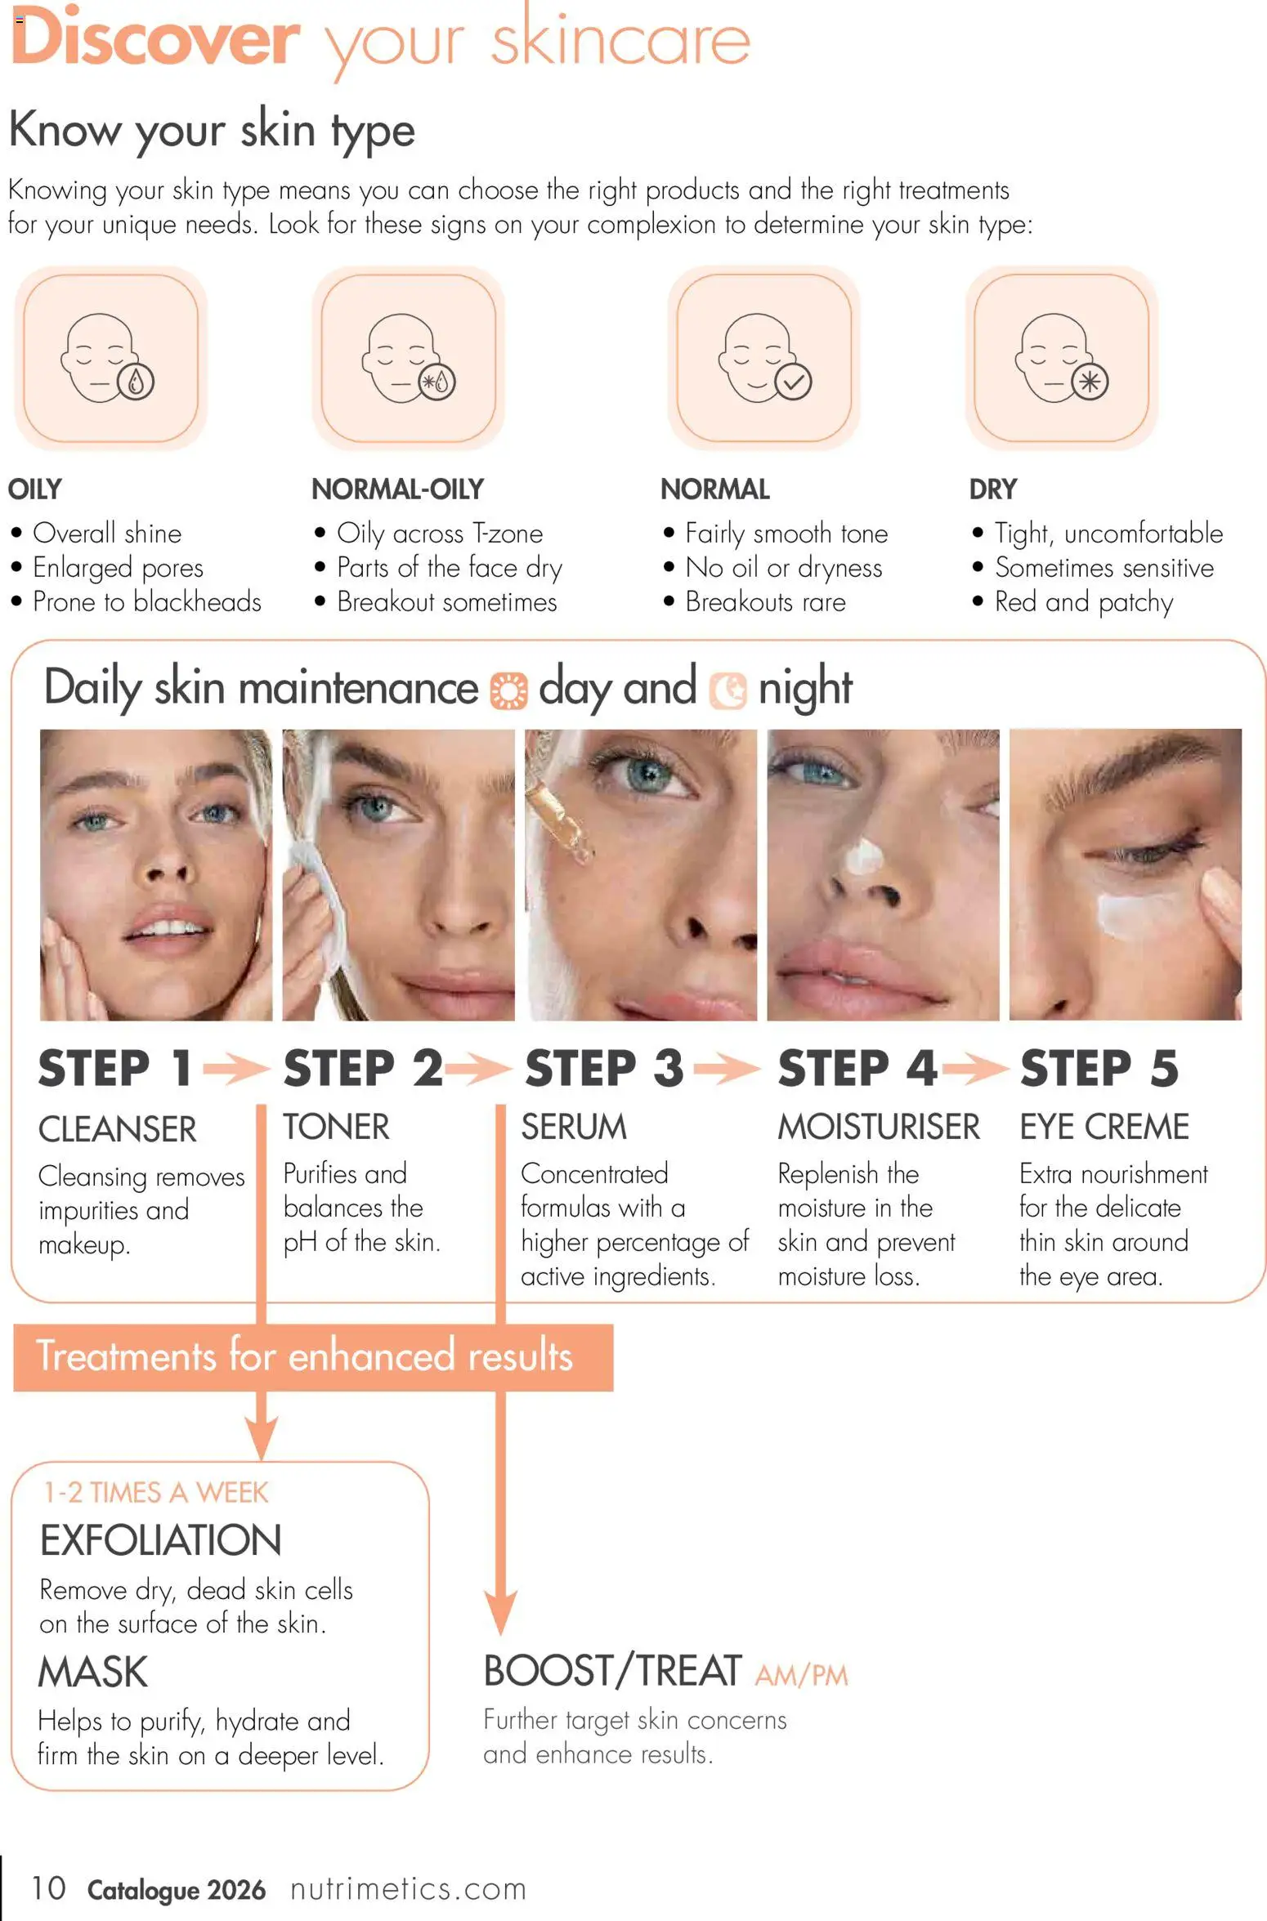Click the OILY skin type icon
[x=110, y=358]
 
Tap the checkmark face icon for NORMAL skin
[x=763, y=358]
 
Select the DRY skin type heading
[x=992, y=489]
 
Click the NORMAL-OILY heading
[x=397, y=489]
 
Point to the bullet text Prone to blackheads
[x=146, y=602]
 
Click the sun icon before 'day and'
[x=508, y=690]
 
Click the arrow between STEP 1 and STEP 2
[x=235, y=1068]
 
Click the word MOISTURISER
[x=878, y=1127]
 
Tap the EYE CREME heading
[x=1104, y=1127]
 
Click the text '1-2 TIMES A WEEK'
[x=155, y=1493]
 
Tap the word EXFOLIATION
[x=160, y=1541]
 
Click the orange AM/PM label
[x=801, y=1676]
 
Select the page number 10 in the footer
[x=48, y=1888]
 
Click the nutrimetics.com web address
[x=408, y=1889]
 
